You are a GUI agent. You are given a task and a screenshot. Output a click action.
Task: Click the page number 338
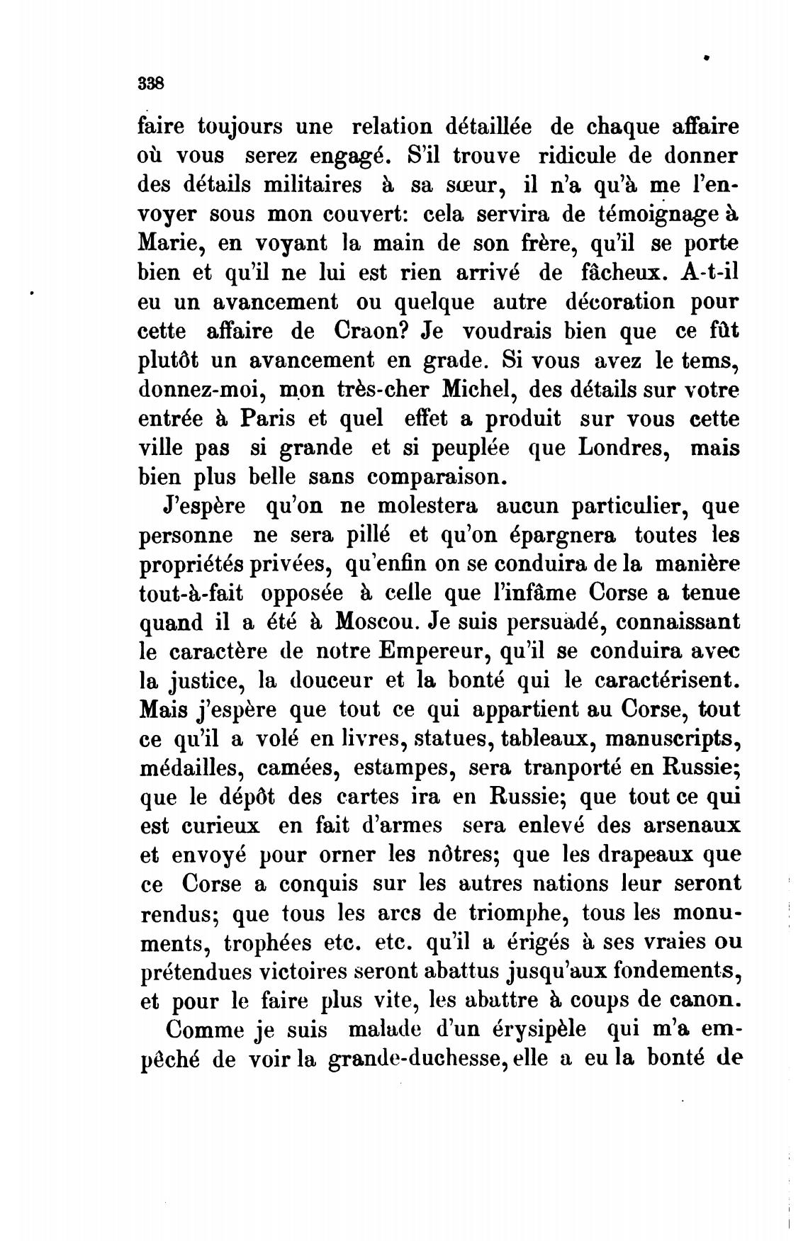151,83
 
